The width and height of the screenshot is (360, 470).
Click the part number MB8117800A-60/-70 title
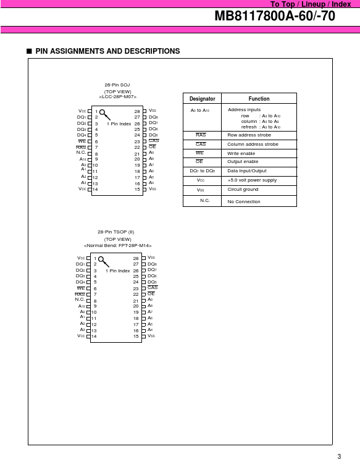click(x=275, y=17)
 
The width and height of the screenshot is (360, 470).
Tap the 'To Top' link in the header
click(x=283, y=4)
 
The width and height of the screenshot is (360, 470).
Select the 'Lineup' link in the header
click(x=313, y=4)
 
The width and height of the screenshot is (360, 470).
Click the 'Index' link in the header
click(x=341, y=4)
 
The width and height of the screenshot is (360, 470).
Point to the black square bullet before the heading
click(x=29, y=51)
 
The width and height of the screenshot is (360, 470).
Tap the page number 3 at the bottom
click(x=338, y=456)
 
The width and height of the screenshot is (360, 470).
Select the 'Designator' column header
click(x=202, y=98)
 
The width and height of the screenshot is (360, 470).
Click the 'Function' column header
click(x=259, y=98)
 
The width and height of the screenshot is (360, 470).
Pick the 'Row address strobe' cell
click(x=249, y=135)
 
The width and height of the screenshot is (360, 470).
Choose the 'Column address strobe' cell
click(x=253, y=144)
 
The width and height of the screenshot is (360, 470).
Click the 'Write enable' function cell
click(x=241, y=153)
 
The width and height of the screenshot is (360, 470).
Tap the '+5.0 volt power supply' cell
click(x=252, y=180)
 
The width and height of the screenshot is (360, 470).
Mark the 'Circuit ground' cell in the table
click(x=243, y=189)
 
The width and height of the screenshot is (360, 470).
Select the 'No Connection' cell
click(x=244, y=201)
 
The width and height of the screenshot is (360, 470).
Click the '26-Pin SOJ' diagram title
click(x=117, y=85)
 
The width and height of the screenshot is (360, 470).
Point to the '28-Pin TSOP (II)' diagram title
click(x=117, y=232)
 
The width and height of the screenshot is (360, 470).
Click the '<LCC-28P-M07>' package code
click(x=117, y=97)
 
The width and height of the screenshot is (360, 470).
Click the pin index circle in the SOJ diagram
click(x=102, y=114)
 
